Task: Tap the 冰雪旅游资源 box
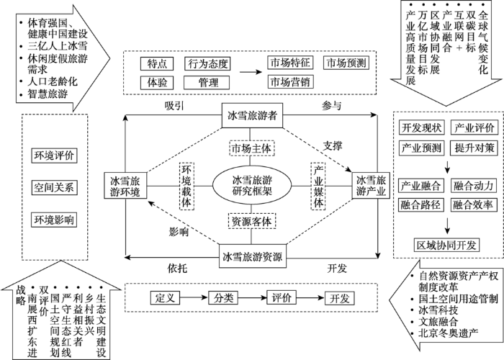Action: [252, 256]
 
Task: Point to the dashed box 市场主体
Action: [252, 148]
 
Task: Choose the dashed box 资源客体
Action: [252, 221]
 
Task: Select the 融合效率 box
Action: [472, 204]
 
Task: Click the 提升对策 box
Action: [472, 148]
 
